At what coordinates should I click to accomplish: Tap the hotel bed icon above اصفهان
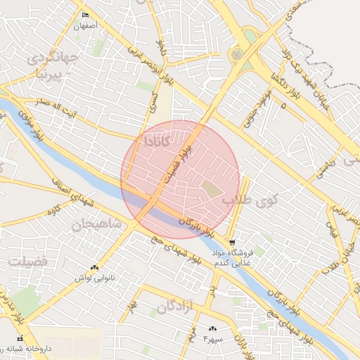tap(86, 15)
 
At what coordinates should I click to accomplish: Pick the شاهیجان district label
tap(97, 225)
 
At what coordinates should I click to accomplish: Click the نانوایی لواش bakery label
tap(94, 278)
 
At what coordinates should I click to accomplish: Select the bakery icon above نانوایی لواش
tap(94, 267)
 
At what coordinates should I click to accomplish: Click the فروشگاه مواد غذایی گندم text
tap(232, 258)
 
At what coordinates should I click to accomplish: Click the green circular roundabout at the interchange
tap(237, 53)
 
